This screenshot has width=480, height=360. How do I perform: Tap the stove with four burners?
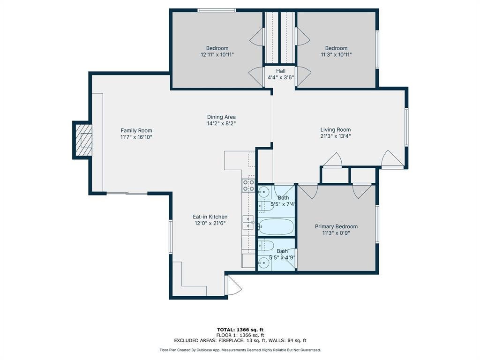(x=248, y=186)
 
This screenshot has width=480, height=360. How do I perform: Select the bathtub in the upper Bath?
(x=276, y=226)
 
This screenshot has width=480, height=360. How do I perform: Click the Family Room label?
(x=136, y=130)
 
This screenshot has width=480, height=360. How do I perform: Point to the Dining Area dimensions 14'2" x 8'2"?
(x=221, y=123)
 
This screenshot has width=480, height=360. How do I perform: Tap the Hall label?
(x=281, y=71)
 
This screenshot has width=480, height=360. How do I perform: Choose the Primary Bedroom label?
(x=336, y=226)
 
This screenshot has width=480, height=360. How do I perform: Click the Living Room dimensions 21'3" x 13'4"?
(x=336, y=136)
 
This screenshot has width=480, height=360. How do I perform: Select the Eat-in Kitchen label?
(x=210, y=217)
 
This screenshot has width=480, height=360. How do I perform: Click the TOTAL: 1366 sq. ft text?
(x=240, y=330)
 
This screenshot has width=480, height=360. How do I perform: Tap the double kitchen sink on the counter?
(x=248, y=223)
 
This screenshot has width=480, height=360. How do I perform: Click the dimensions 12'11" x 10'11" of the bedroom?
(x=217, y=55)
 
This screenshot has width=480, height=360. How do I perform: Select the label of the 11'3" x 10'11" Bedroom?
(x=336, y=48)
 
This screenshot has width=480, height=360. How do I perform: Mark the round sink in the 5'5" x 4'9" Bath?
(x=263, y=262)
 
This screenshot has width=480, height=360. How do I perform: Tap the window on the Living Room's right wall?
(x=406, y=127)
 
